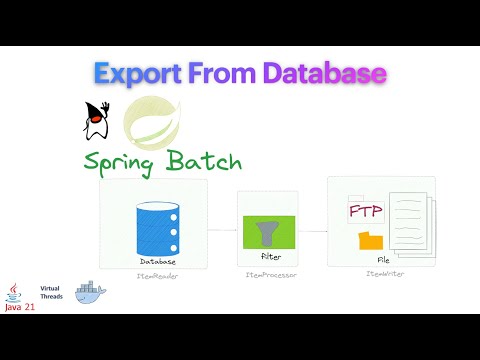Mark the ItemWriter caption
point(381,274)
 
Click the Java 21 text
point(18,308)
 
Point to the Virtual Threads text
point(51,292)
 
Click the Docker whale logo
point(96,295)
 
